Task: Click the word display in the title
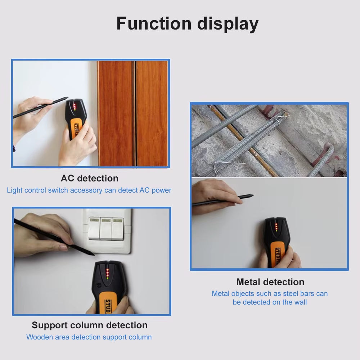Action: (x=228, y=24)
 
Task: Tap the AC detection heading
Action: (x=89, y=178)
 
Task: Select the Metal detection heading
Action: (x=270, y=282)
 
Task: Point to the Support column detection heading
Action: (x=90, y=325)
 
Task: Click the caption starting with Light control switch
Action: (x=89, y=190)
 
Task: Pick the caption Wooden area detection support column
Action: (x=89, y=337)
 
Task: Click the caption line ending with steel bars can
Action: (x=270, y=293)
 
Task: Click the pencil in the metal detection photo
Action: (x=223, y=200)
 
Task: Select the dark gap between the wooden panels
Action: (x=134, y=113)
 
